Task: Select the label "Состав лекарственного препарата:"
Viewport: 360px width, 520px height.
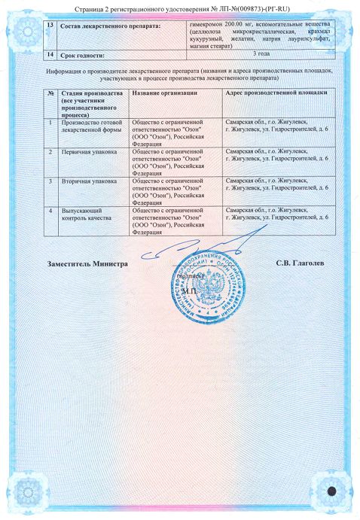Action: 94,28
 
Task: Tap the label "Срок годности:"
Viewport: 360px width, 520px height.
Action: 82,55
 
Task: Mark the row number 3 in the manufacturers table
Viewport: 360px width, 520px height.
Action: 50,182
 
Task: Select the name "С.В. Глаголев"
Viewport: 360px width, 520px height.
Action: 302,266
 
